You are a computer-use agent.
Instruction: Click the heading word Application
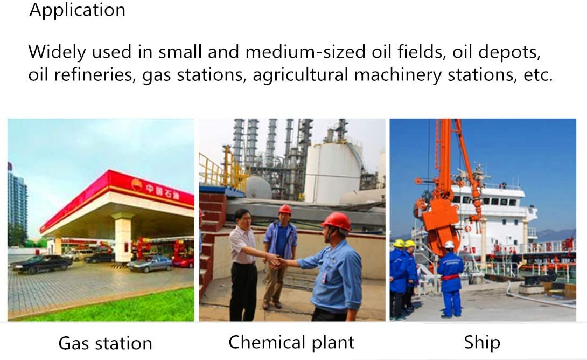point(77,10)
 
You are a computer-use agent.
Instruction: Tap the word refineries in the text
point(94,74)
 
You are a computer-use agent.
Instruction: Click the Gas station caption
point(105,343)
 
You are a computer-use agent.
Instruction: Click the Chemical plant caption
point(291,342)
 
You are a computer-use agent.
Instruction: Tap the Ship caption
point(482,342)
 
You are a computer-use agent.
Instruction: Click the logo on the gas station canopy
point(137,184)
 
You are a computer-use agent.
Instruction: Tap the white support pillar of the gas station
point(123,238)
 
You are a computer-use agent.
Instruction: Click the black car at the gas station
point(41,264)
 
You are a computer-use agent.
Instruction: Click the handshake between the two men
point(276,261)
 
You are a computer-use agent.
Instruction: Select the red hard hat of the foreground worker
point(337,221)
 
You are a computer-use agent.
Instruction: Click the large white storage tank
point(332,172)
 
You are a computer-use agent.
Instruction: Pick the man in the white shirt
point(243,264)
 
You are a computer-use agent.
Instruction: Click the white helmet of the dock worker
point(449,245)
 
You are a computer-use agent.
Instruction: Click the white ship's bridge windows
point(487,201)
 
